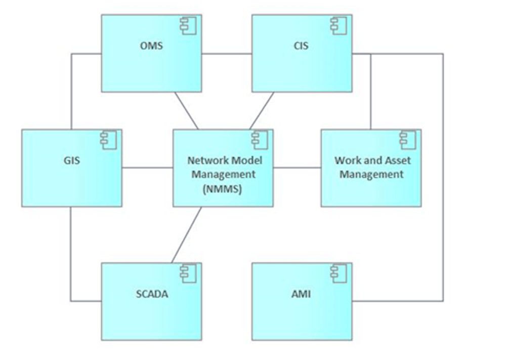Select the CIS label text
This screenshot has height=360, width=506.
pyautogui.click(x=301, y=46)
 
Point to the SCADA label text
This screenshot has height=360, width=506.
pyautogui.click(x=152, y=294)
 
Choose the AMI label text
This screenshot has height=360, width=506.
pyautogui.click(x=302, y=294)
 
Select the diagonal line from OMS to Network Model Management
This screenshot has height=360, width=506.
pyautogui.click(x=186, y=110)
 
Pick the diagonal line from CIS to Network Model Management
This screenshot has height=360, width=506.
pyautogui.click(x=262, y=110)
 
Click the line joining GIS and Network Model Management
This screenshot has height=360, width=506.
pyautogui.click(x=147, y=168)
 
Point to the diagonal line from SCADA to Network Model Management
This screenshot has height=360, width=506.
pyautogui.click(x=186, y=234)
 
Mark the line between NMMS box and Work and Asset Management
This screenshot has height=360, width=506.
pyautogui.click(x=297, y=168)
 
